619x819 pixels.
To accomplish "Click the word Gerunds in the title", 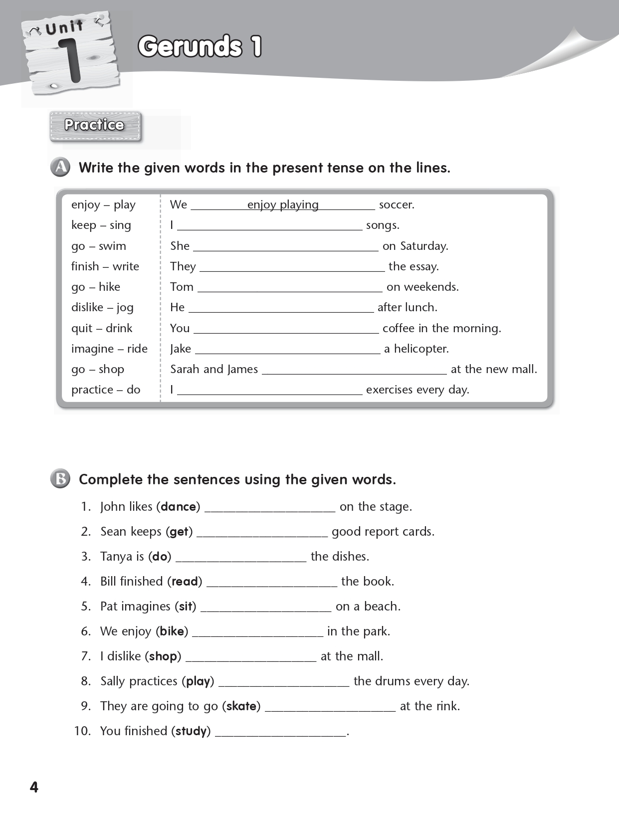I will click(x=190, y=47).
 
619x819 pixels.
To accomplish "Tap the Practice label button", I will click(x=94, y=125).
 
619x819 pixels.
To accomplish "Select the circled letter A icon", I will click(x=61, y=167).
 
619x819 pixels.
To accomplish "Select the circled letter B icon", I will click(x=60, y=479).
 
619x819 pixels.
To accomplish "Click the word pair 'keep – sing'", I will click(x=101, y=225).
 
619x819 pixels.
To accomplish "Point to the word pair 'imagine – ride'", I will click(x=109, y=349).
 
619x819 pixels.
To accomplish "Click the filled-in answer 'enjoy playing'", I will click(x=283, y=205).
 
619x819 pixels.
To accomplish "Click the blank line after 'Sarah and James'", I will click(x=354, y=372).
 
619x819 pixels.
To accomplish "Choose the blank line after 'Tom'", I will click(x=290, y=290).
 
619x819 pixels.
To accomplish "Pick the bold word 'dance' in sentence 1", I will click(x=178, y=507).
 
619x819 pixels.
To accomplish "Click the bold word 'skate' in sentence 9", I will click(x=241, y=706).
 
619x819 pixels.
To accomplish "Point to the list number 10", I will click(x=82, y=731).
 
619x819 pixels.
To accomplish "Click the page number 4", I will click(x=34, y=787).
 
